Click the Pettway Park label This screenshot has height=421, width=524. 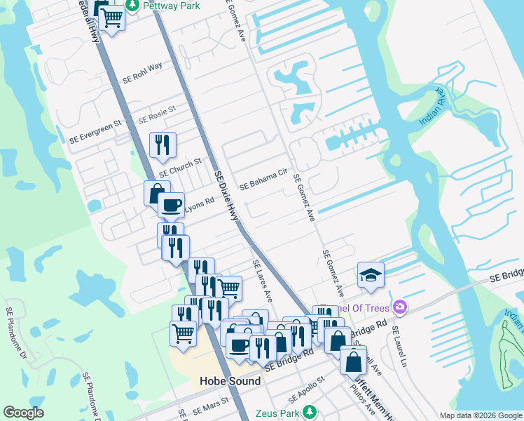[x=171, y=6]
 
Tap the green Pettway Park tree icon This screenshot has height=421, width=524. [x=132, y=6]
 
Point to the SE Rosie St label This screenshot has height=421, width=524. [x=156, y=114]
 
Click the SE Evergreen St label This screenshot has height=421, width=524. [x=95, y=131]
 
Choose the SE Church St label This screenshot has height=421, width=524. [x=180, y=167]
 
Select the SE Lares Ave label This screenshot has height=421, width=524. [x=261, y=281]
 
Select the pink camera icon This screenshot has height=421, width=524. [x=399, y=306]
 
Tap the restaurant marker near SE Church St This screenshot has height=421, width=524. [x=163, y=145]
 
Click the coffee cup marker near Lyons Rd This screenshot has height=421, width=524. [x=171, y=205]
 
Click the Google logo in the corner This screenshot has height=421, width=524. [x=24, y=413]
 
